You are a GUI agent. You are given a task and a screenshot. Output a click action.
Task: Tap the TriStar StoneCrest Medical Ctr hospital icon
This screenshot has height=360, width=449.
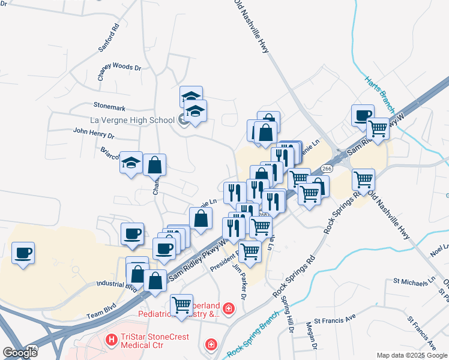(x=110, y=340)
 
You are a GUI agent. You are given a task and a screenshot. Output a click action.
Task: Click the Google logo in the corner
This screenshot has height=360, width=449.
(x=20, y=352)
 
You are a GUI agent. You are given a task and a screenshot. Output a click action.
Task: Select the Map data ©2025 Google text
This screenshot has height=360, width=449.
(x=412, y=355)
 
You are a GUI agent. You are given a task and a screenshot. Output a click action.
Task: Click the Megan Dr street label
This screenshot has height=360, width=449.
(x=310, y=335)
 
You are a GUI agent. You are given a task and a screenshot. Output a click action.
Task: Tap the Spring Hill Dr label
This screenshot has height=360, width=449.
(x=288, y=319)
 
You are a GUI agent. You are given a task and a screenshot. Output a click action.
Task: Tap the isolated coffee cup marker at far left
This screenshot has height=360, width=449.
(x=23, y=252)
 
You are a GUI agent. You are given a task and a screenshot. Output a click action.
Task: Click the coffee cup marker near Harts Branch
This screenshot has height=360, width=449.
(x=363, y=115)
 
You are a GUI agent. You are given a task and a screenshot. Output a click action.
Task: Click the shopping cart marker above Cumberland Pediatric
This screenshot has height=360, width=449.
(x=182, y=305)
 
